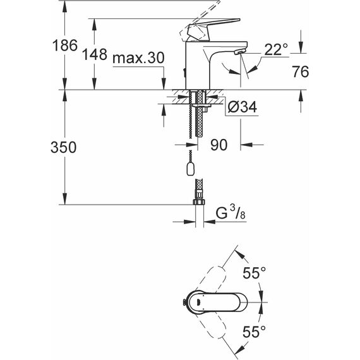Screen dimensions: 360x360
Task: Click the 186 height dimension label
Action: (x=65, y=45)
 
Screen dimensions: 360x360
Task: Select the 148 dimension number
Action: (x=95, y=54)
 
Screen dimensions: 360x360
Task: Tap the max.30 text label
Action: (x=138, y=57)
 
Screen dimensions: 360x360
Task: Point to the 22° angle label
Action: (x=276, y=49)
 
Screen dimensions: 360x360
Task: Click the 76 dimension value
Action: (x=300, y=71)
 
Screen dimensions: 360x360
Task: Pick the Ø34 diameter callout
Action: (x=243, y=107)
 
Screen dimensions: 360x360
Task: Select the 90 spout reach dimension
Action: (x=219, y=145)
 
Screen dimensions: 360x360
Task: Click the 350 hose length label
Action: (x=63, y=147)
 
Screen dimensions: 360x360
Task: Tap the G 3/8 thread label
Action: (x=231, y=213)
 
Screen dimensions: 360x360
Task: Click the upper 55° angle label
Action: (x=254, y=273)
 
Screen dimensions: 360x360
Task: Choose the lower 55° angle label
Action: (x=254, y=332)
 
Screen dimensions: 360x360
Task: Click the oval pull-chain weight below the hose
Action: (x=190, y=169)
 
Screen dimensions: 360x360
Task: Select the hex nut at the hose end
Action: (x=198, y=201)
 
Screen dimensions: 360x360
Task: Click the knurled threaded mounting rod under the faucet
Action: (x=200, y=114)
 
